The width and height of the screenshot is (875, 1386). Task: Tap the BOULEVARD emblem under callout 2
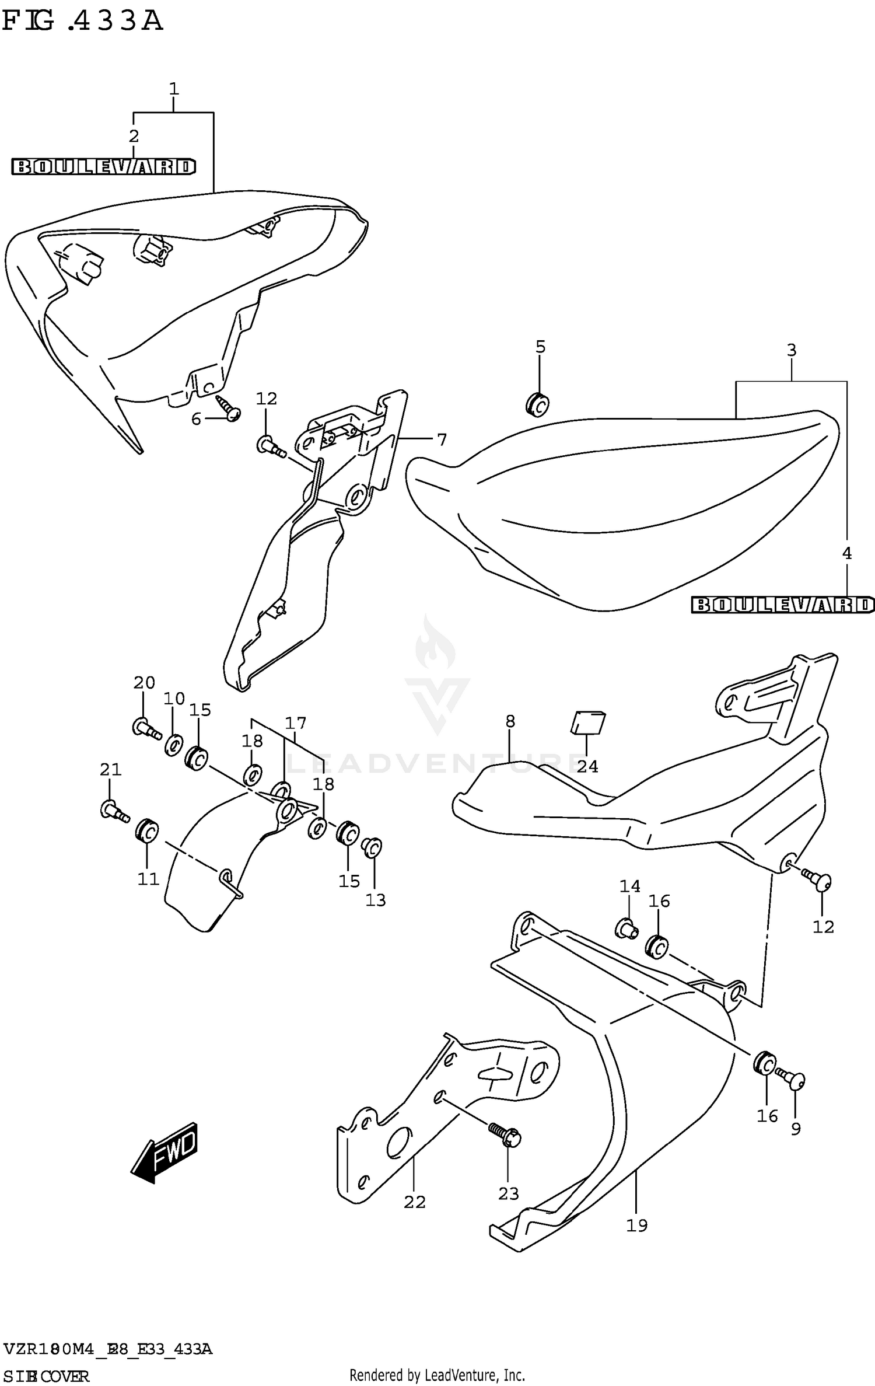(103, 167)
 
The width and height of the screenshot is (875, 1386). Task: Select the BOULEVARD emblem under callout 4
(783, 605)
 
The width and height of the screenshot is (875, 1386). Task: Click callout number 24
(587, 766)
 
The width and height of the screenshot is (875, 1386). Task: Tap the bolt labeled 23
(506, 1134)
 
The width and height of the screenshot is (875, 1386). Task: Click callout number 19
(636, 1225)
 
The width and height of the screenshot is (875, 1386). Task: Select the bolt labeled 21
(114, 811)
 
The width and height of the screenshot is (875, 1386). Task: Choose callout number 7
(442, 439)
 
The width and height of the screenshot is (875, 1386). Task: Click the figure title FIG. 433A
(82, 21)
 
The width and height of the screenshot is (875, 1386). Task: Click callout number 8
(510, 721)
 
